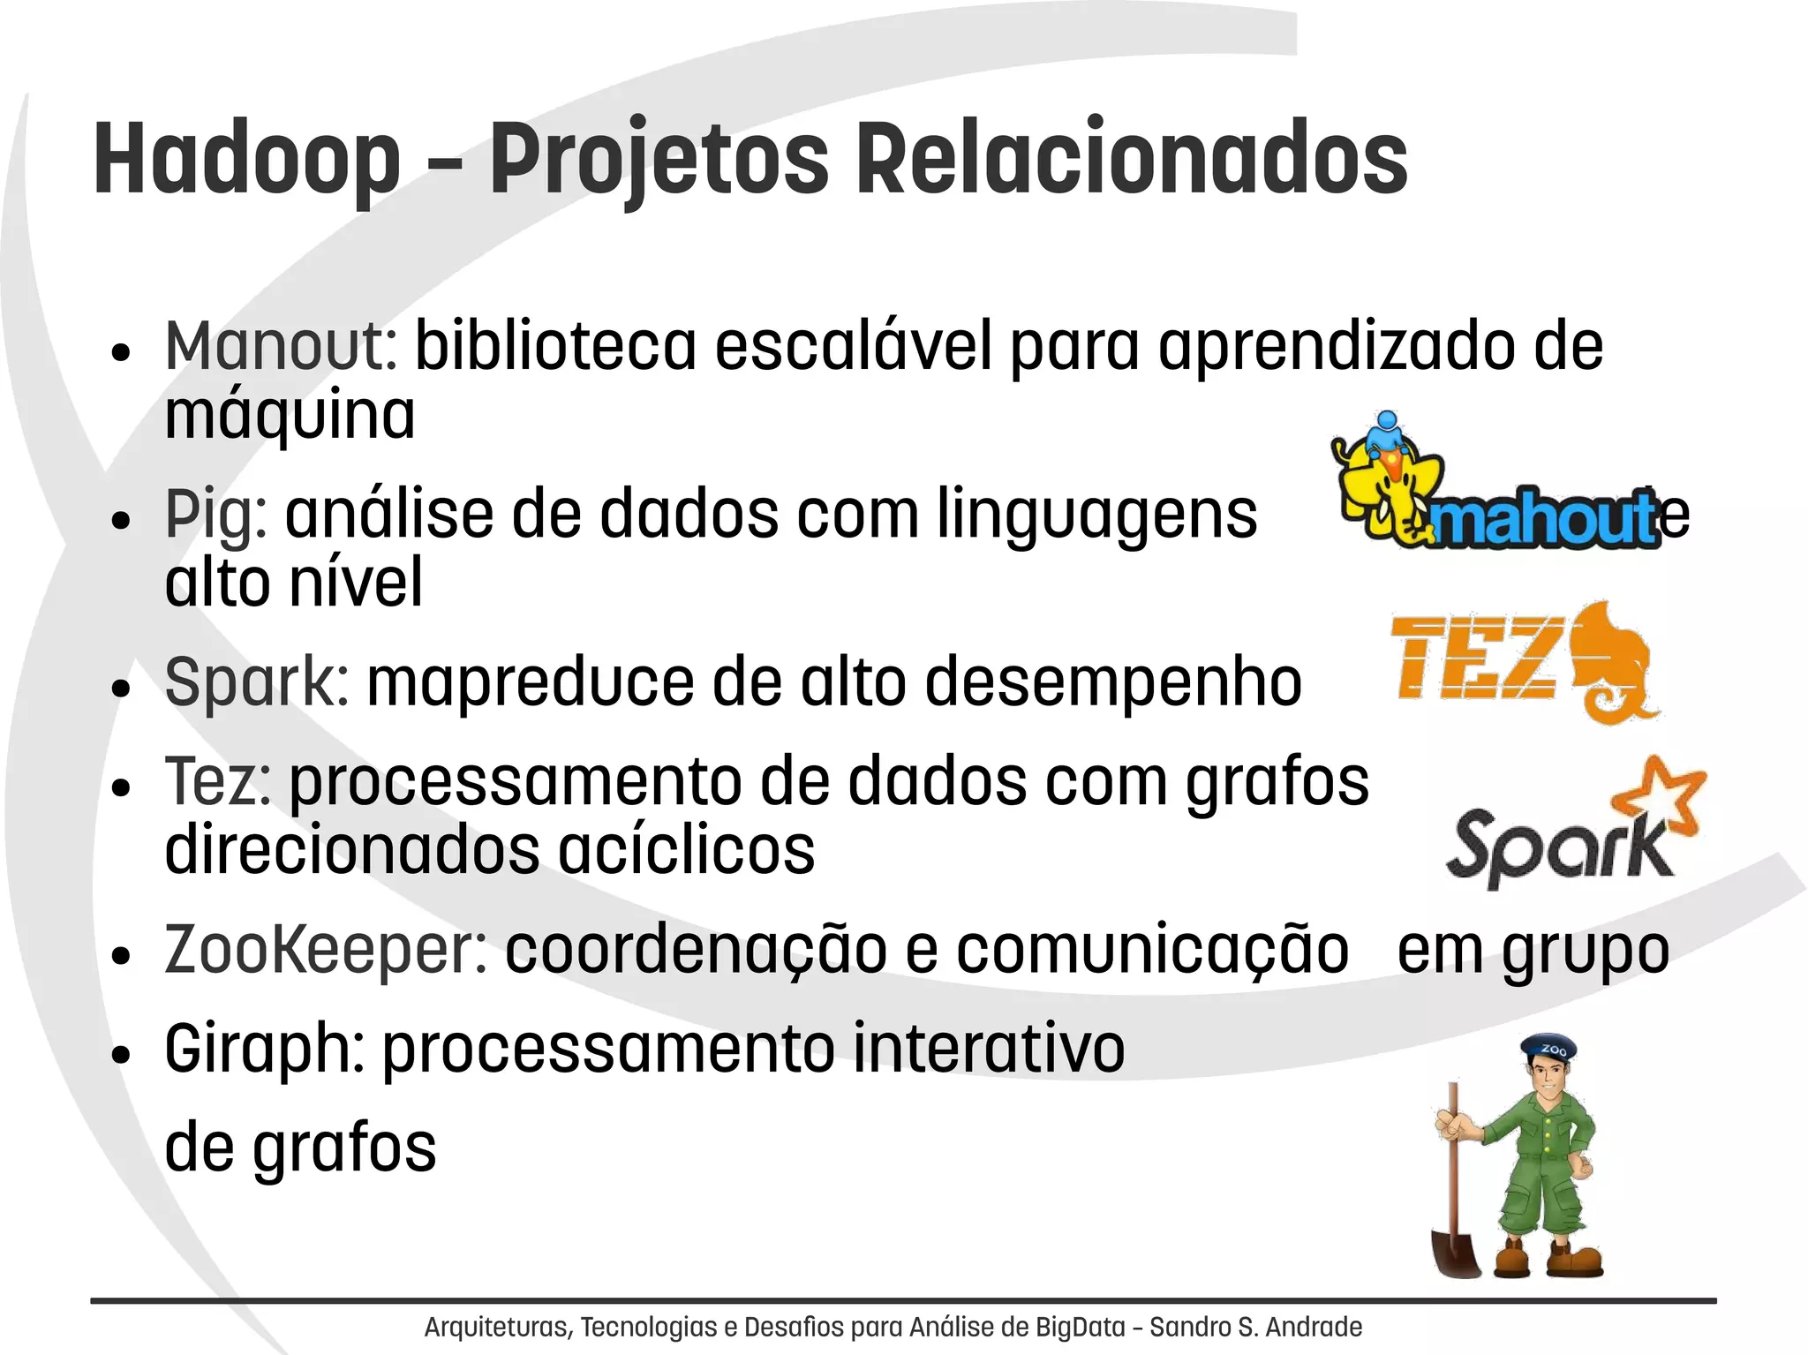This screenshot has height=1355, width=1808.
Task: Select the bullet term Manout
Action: (x=281, y=346)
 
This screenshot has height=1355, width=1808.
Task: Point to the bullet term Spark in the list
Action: (x=257, y=682)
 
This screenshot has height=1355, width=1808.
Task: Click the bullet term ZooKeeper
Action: (x=326, y=951)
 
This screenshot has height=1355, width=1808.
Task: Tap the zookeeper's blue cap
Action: (x=1549, y=1048)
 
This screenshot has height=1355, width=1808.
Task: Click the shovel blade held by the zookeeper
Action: (x=1456, y=1253)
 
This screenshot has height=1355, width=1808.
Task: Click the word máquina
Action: (x=290, y=415)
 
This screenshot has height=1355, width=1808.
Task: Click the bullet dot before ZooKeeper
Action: (x=122, y=956)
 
